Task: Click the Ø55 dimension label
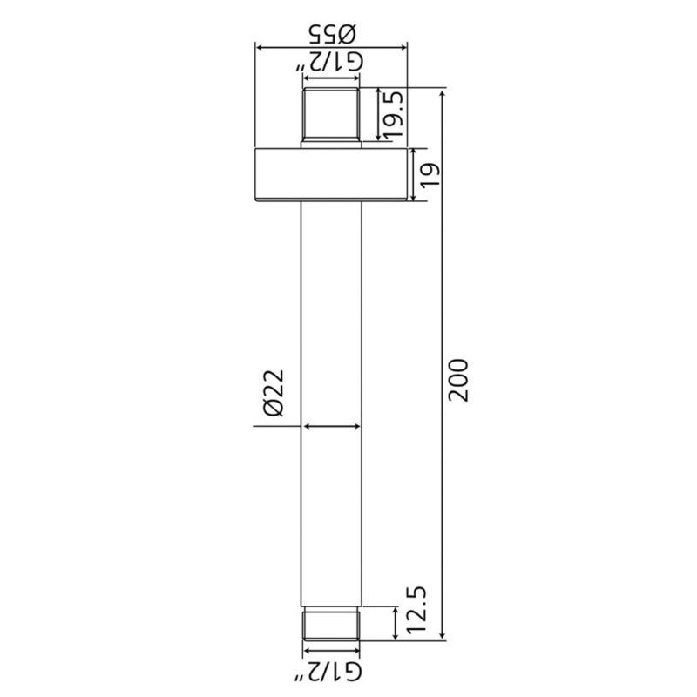point(332,34)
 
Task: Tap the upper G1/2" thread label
point(329,62)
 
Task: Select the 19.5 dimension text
point(393,114)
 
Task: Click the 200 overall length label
point(458,381)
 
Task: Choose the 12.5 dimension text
point(416,609)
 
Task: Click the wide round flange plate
point(331,174)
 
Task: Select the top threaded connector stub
point(331,117)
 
